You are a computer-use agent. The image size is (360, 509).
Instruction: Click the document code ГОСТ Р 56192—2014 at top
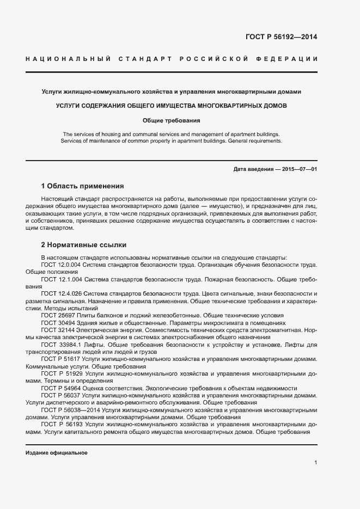tap(282, 37)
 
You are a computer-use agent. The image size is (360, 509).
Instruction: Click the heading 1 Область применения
tap(82, 186)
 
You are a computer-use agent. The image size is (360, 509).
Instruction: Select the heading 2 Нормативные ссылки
tap(83, 244)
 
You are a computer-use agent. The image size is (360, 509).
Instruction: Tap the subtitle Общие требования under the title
tap(172, 120)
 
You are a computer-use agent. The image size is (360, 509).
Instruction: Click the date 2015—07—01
tap(300, 169)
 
